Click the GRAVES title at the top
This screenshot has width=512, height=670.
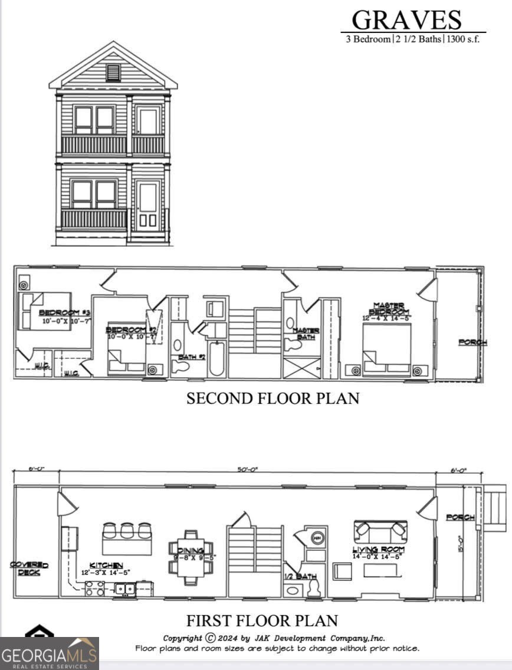[x=406, y=20]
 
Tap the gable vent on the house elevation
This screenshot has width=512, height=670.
[x=113, y=72]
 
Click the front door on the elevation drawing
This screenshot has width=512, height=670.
[x=147, y=206]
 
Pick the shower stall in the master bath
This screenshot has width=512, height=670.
[x=301, y=367]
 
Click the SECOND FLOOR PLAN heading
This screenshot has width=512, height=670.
[x=273, y=399]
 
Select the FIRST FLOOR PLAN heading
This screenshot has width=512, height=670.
[x=262, y=620]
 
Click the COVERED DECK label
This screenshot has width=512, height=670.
[x=29, y=569]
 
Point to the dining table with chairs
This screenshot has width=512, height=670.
[x=187, y=554]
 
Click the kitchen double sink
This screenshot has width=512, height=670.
[x=124, y=588]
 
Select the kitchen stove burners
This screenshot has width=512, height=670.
[x=95, y=588]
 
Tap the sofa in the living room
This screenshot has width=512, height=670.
[x=380, y=530]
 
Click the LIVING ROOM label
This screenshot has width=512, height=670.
[x=379, y=550]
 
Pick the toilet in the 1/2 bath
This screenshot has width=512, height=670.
[x=313, y=586]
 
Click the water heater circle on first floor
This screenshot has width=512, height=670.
[x=317, y=538]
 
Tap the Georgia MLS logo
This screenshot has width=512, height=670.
[x=49, y=653]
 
